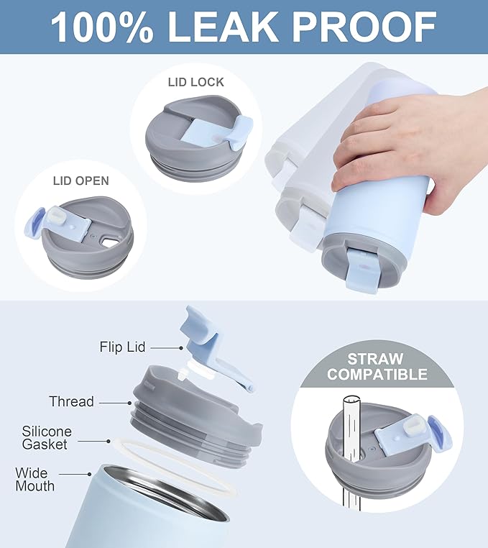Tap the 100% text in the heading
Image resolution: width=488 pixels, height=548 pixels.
point(102,27)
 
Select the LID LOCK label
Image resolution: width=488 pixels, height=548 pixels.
point(195,82)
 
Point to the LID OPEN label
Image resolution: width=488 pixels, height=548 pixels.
point(80,181)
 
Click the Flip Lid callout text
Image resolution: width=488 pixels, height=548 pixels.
point(122,347)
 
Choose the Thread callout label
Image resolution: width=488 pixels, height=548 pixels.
point(71,401)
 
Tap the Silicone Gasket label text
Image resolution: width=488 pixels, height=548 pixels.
point(47,437)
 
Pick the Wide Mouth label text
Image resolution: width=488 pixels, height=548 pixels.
point(34,480)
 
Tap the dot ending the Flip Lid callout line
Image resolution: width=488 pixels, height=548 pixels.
point(181,348)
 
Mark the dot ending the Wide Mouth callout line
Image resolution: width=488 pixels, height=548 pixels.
point(90,474)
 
